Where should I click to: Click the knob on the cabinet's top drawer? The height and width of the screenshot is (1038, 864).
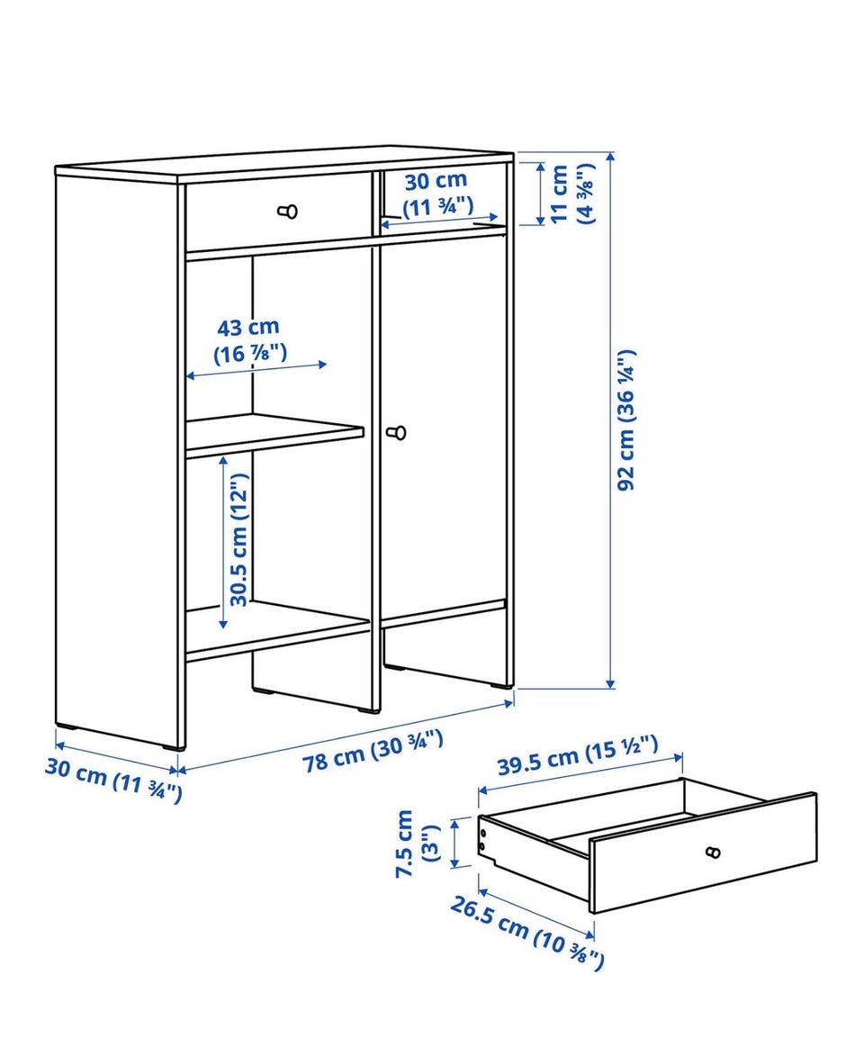pyautogui.click(x=288, y=212)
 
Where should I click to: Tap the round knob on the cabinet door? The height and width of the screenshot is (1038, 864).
pyautogui.click(x=397, y=432)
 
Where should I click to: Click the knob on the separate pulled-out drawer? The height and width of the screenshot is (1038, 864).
pyautogui.click(x=713, y=852)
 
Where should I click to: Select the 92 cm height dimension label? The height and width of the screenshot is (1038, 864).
pyautogui.click(x=625, y=420)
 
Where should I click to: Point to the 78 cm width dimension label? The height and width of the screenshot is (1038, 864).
pyautogui.click(x=373, y=750)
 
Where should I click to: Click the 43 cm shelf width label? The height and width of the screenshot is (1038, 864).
pyautogui.click(x=249, y=340)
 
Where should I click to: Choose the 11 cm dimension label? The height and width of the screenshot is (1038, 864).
pyautogui.click(x=571, y=194)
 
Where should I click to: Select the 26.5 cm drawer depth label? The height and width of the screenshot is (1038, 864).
pyautogui.click(x=526, y=932)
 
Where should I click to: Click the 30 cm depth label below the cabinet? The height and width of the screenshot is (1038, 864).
pyautogui.click(x=113, y=779)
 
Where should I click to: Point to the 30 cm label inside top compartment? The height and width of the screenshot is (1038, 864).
pyautogui.click(x=436, y=194)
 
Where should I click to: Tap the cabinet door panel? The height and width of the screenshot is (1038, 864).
pyautogui.click(x=443, y=427)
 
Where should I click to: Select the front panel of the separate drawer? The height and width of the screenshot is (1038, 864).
pyautogui.click(x=703, y=853)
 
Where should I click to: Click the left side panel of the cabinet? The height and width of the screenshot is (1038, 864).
pyautogui.click(x=117, y=456)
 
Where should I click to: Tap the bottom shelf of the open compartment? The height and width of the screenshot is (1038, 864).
pyautogui.click(x=277, y=631)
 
